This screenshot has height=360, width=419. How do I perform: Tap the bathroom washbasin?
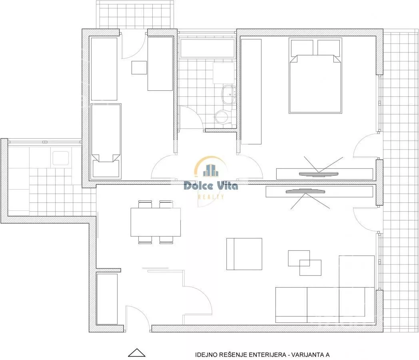[228, 95]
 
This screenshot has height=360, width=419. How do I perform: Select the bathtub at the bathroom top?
[208, 48]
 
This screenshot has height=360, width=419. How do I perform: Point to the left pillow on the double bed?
[302, 48]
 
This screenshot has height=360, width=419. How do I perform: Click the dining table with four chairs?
[156, 222]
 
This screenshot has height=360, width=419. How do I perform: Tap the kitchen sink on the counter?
[61, 158]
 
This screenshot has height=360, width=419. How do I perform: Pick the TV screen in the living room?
[305, 191]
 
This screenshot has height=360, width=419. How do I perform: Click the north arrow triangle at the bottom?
[137, 353]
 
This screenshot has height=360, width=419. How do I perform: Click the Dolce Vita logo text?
[211, 186]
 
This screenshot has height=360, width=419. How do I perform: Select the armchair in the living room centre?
[244, 254]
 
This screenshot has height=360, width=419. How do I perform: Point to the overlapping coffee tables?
[305, 263]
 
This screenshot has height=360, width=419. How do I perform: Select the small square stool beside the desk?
[139, 68]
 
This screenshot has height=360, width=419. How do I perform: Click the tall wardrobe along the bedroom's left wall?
[251, 92]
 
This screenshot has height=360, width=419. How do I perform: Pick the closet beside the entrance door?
[107, 299]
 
